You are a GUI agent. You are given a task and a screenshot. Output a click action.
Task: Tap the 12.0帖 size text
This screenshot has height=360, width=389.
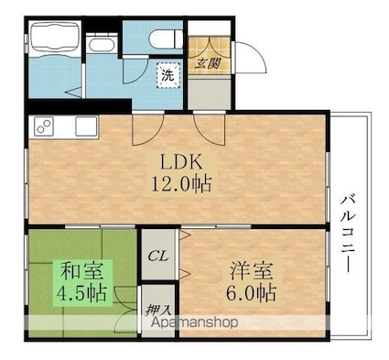[181, 183]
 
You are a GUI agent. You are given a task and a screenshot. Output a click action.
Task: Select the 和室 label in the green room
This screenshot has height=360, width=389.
[81, 272]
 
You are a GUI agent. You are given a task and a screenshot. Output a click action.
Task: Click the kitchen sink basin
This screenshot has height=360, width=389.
[85, 125]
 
